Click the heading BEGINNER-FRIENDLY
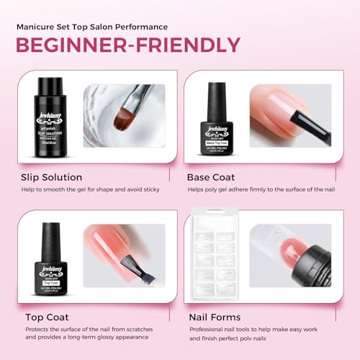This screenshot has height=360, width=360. click(128, 44)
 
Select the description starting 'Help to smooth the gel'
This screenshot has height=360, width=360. click(94, 189)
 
